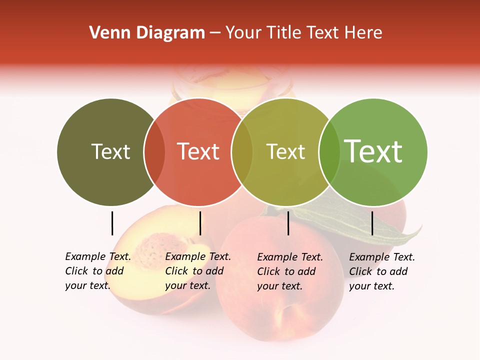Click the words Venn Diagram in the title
pos(147,33)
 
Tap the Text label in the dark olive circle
pos(110,151)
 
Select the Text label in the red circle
pos(198,151)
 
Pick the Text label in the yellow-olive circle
pos(285,151)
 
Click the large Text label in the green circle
pos(373,151)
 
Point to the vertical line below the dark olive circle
pos(112,223)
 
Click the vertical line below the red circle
pos(200,223)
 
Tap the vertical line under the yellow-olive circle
pos(288,223)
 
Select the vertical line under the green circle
pos(372,223)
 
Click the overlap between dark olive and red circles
pos(154,152)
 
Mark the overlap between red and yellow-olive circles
pos(242,152)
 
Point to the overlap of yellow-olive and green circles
pos(329,152)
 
